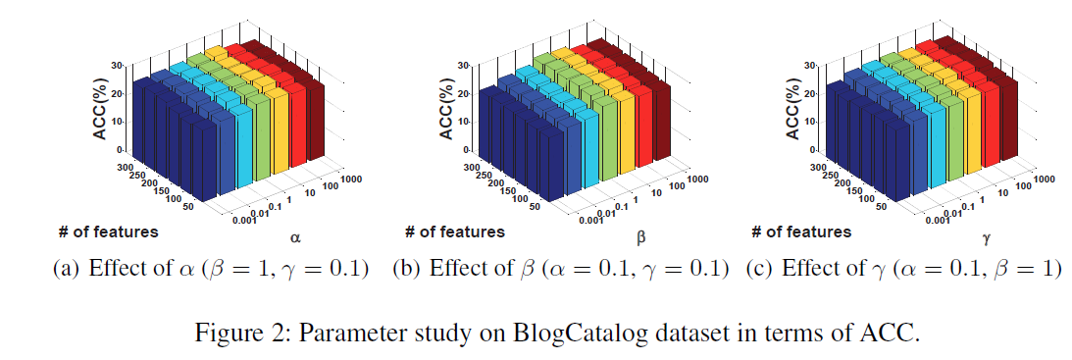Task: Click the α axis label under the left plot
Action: [294, 236]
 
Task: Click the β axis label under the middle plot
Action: [640, 237]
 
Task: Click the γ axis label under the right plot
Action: [988, 237]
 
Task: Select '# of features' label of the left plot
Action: [107, 231]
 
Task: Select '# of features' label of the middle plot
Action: [455, 231]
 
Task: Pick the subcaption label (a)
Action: [67, 270]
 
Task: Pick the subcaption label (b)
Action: [407, 270]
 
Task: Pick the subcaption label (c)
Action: [759, 270]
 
